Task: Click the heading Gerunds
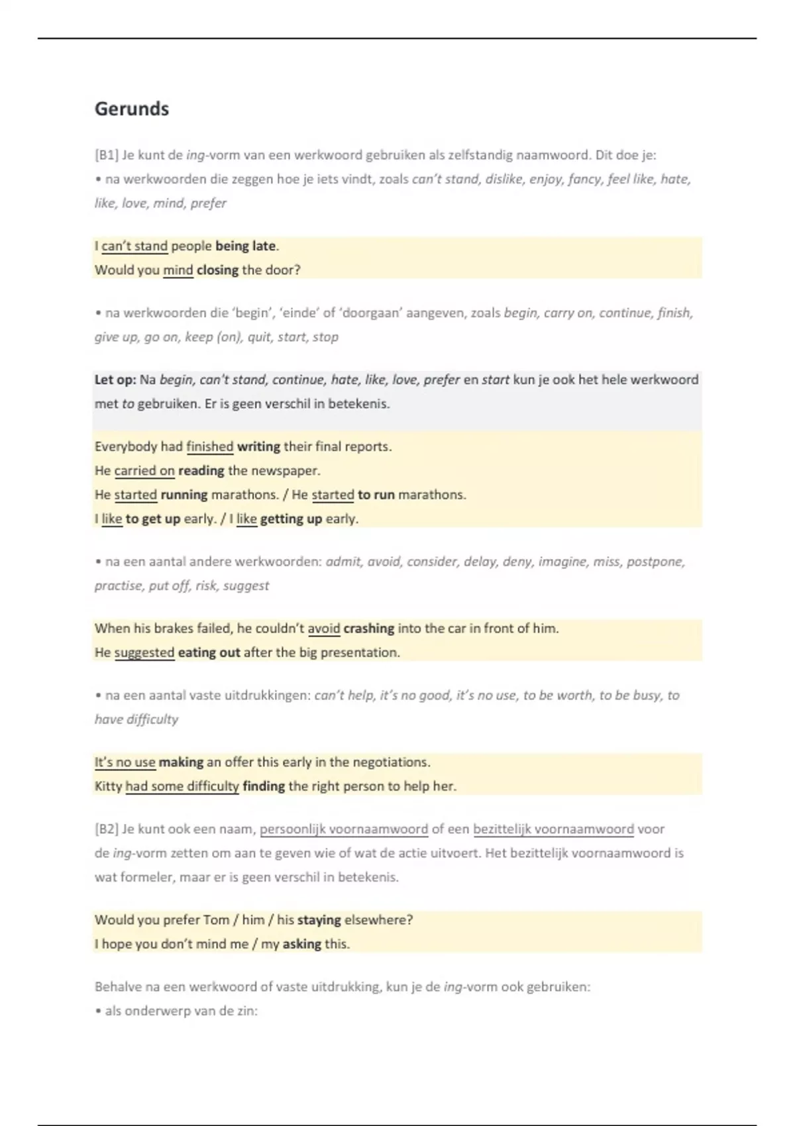132,109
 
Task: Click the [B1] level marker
106,156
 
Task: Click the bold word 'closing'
217,270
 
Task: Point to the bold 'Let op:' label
115,380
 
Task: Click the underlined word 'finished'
209,447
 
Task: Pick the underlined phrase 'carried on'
144,471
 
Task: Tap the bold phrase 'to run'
376,495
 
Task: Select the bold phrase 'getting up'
291,519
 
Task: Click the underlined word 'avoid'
324,629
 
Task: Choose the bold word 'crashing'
368,629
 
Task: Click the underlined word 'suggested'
144,653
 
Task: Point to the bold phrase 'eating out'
209,653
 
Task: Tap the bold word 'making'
181,762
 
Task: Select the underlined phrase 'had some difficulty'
182,787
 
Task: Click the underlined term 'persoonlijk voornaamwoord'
344,829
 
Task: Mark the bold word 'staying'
319,920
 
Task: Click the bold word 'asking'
301,945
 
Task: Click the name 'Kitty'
109,787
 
